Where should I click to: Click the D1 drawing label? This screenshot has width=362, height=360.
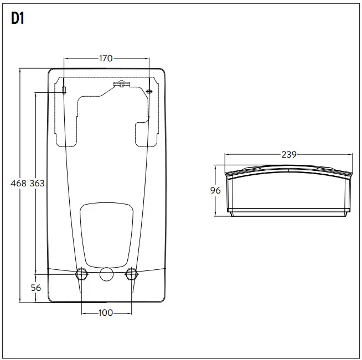[x=17, y=19]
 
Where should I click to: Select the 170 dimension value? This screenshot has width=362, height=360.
[x=106, y=58]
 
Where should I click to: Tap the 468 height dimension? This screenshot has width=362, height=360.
[x=19, y=183]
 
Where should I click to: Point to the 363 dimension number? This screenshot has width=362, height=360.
[x=37, y=183]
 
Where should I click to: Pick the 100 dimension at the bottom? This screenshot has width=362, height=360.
[x=106, y=312]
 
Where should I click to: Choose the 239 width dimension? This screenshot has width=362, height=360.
[x=288, y=155]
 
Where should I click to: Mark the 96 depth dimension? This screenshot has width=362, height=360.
[x=216, y=190]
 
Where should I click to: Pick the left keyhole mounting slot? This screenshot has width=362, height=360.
[x=64, y=89]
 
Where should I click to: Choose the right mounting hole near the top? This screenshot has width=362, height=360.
[x=149, y=91]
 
